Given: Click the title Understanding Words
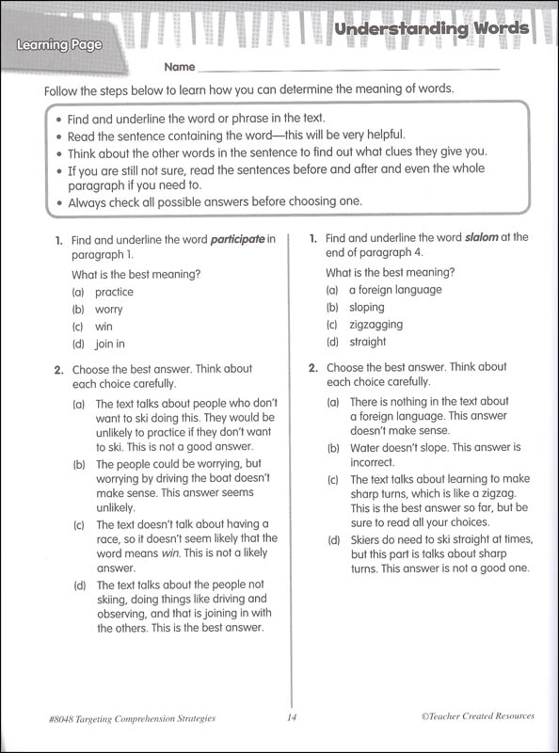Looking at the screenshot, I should pyautogui.click(x=432, y=29).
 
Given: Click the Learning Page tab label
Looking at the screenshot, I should pyautogui.click(x=57, y=44).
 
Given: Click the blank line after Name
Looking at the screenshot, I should pyautogui.click(x=348, y=68).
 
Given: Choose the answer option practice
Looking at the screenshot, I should pyautogui.click(x=114, y=292).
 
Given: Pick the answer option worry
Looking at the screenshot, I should pyautogui.click(x=109, y=309).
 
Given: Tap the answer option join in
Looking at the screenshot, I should pyautogui.click(x=110, y=344).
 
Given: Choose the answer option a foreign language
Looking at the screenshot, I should pyautogui.click(x=395, y=290).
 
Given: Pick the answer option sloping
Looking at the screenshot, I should pyautogui.click(x=366, y=307).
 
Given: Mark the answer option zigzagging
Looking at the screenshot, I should pyautogui.click(x=375, y=325).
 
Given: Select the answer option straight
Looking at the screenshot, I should pyautogui.click(x=367, y=342).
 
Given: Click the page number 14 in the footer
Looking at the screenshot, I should pyautogui.click(x=292, y=717).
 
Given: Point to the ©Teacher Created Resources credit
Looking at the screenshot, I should pyautogui.click(x=478, y=716).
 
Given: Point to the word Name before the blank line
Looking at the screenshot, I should pyautogui.click(x=180, y=68).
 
